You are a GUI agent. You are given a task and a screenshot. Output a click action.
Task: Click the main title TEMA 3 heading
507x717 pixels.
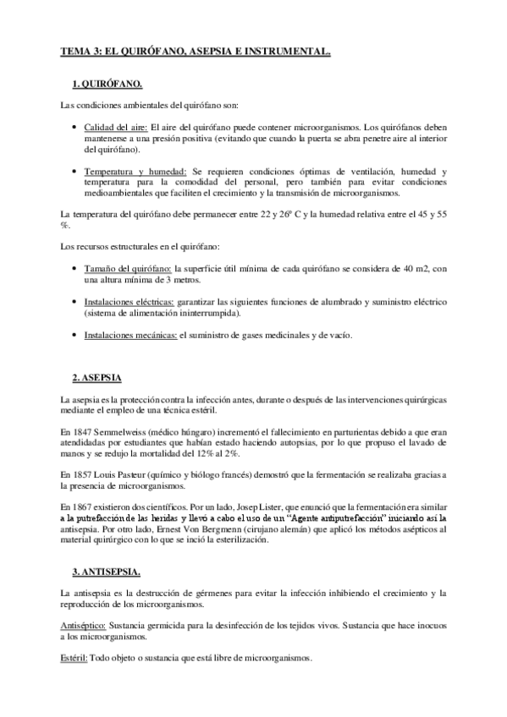coord(195,52)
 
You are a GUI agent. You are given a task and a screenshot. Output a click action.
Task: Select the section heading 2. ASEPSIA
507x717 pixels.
coord(97,375)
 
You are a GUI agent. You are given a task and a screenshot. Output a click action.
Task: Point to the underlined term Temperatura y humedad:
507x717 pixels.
coord(135,172)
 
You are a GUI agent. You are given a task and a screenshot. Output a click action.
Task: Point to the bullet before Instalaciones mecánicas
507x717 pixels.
coord(73,336)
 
